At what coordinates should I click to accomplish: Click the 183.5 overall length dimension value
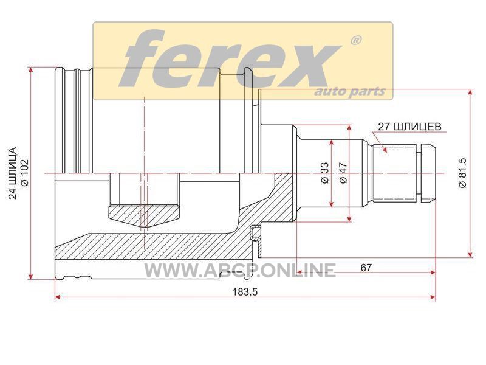pos(245,292)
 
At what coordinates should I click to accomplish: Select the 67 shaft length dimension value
pos(366,268)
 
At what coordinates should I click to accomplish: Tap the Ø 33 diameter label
pos(324,173)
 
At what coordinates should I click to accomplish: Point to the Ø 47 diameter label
pos(343,173)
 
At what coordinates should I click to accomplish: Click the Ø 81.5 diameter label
pos(462,173)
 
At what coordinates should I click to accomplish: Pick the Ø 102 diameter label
pos(24,173)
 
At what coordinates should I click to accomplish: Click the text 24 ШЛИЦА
pos(13,173)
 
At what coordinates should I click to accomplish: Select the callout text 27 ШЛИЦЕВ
pos(409,127)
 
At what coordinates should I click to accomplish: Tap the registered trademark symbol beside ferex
pos(355,41)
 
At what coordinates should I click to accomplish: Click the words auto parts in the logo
pos(350,92)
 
